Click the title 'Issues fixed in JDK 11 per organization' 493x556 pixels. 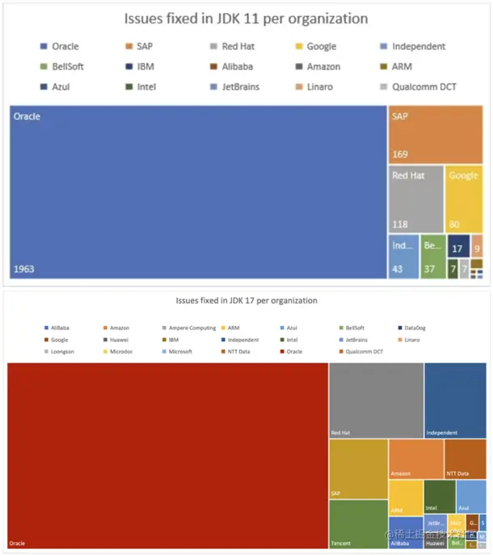(246, 18)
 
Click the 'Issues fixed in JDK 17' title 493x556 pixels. (247, 300)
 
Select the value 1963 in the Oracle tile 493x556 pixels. (26, 269)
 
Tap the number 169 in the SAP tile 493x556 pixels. (400, 154)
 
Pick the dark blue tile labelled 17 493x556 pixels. (457, 249)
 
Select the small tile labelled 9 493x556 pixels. (478, 249)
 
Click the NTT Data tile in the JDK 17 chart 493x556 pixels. (465, 458)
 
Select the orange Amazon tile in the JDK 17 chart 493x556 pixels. (415, 458)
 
